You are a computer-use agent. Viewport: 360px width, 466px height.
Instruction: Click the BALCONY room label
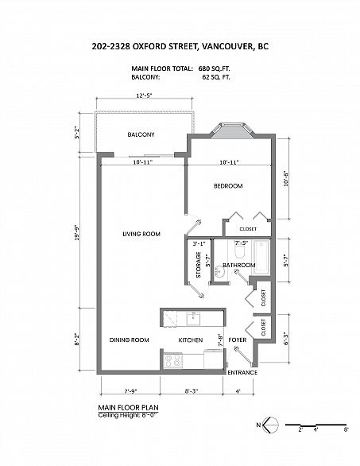pyautogui.click(x=141, y=134)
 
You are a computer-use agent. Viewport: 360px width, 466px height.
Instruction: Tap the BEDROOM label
pyautogui.click(x=228, y=186)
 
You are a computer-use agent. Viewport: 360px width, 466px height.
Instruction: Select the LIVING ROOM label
pyautogui.click(x=141, y=234)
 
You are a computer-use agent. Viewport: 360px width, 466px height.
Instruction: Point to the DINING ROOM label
pyautogui.click(x=130, y=340)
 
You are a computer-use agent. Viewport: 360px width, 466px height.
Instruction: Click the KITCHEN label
pyautogui.click(x=191, y=340)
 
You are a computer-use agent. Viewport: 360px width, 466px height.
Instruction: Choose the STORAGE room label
pyautogui.click(x=199, y=265)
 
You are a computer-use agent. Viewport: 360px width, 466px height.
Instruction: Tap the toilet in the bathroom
pyautogui.click(x=239, y=251)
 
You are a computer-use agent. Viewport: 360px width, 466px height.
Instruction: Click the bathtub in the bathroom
pyautogui.click(x=261, y=257)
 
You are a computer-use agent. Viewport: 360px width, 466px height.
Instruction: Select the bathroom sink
pyautogui.click(x=219, y=272)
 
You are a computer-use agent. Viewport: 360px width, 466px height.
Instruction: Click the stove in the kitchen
pyautogui.click(x=173, y=360)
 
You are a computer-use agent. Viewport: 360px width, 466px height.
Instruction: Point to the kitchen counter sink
pyautogui.click(x=193, y=318)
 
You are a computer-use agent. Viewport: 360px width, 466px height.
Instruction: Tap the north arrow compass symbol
pyautogui.click(x=271, y=425)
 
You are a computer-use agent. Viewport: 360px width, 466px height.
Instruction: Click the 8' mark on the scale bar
pyautogui.click(x=346, y=429)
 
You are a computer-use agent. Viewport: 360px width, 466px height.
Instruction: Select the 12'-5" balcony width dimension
pyautogui.click(x=144, y=95)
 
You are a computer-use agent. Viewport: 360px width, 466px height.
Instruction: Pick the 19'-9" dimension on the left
pyautogui.click(x=77, y=233)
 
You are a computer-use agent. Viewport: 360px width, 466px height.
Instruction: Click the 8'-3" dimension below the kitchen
pyautogui.click(x=192, y=391)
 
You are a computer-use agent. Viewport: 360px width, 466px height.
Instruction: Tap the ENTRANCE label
pyautogui.click(x=242, y=373)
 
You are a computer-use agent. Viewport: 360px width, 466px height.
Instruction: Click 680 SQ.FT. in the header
pyautogui.click(x=215, y=68)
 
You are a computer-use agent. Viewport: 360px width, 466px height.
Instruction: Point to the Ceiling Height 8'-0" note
pyautogui.click(x=128, y=415)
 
